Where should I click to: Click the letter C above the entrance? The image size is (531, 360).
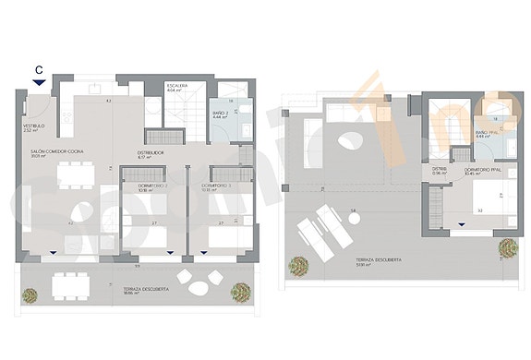click(x=38, y=68)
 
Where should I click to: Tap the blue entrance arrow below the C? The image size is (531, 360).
click(x=38, y=83)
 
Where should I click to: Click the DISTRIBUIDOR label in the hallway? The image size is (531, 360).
click(x=151, y=154)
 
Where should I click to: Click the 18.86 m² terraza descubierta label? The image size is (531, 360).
click(x=142, y=291)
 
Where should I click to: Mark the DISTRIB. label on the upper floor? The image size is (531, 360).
click(x=440, y=170)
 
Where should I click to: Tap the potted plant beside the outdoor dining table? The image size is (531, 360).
click(x=30, y=295)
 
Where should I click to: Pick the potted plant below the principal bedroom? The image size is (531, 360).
click(x=506, y=247)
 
